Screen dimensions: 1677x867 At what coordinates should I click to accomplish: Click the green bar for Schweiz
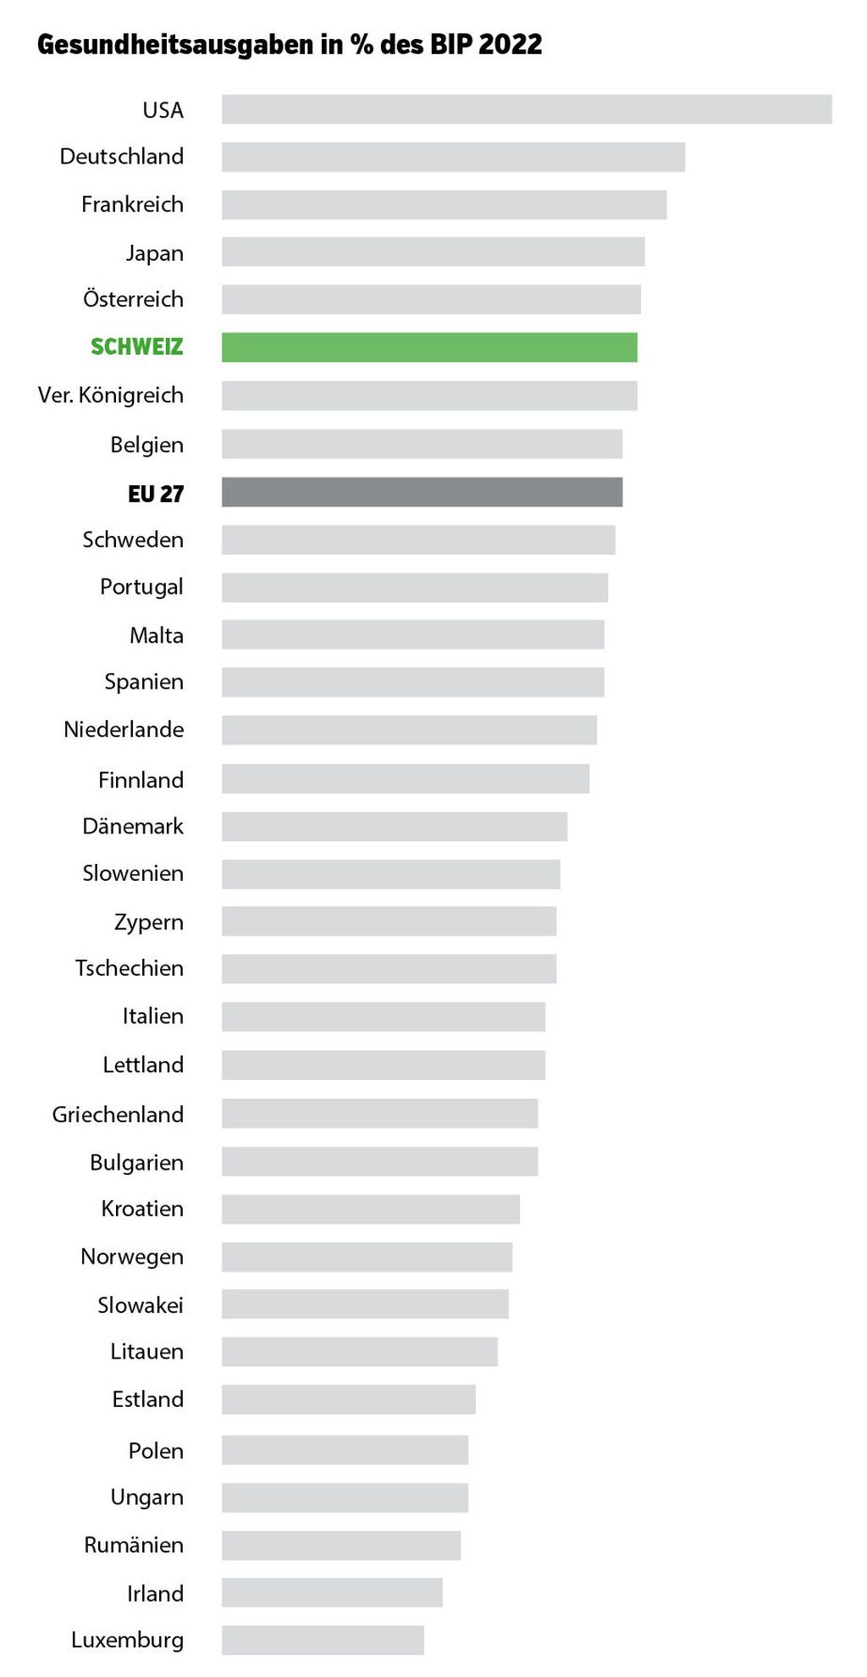(429, 347)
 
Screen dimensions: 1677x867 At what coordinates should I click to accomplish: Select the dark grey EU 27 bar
(422, 492)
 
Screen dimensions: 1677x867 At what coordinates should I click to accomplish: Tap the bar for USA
(527, 109)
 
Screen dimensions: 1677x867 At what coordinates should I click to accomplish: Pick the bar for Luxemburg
(323, 1640)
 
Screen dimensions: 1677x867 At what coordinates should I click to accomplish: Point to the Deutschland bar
(453, 157)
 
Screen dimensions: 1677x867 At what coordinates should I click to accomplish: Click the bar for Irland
(332, 1592)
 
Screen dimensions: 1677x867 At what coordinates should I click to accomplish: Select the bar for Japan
(433, 252)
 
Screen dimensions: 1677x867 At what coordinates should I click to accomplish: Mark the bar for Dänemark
(395, 827)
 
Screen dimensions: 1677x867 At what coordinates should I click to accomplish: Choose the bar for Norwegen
(367, 1257)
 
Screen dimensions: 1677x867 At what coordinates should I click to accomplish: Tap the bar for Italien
(384, 1016)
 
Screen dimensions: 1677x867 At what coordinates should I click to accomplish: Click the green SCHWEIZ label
(137, 347)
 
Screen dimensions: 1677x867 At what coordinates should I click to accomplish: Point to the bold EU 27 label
(156, 494)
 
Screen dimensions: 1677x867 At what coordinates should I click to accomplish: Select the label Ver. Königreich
(111, 396)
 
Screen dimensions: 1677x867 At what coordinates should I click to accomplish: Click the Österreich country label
(133, 299)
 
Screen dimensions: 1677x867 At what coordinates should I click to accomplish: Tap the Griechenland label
(118, 1115)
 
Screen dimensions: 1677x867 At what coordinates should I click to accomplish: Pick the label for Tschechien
(129, 968)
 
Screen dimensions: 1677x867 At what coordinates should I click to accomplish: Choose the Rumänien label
(134, 1545)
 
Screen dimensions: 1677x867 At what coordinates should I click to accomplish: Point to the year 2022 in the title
(510, 45)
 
